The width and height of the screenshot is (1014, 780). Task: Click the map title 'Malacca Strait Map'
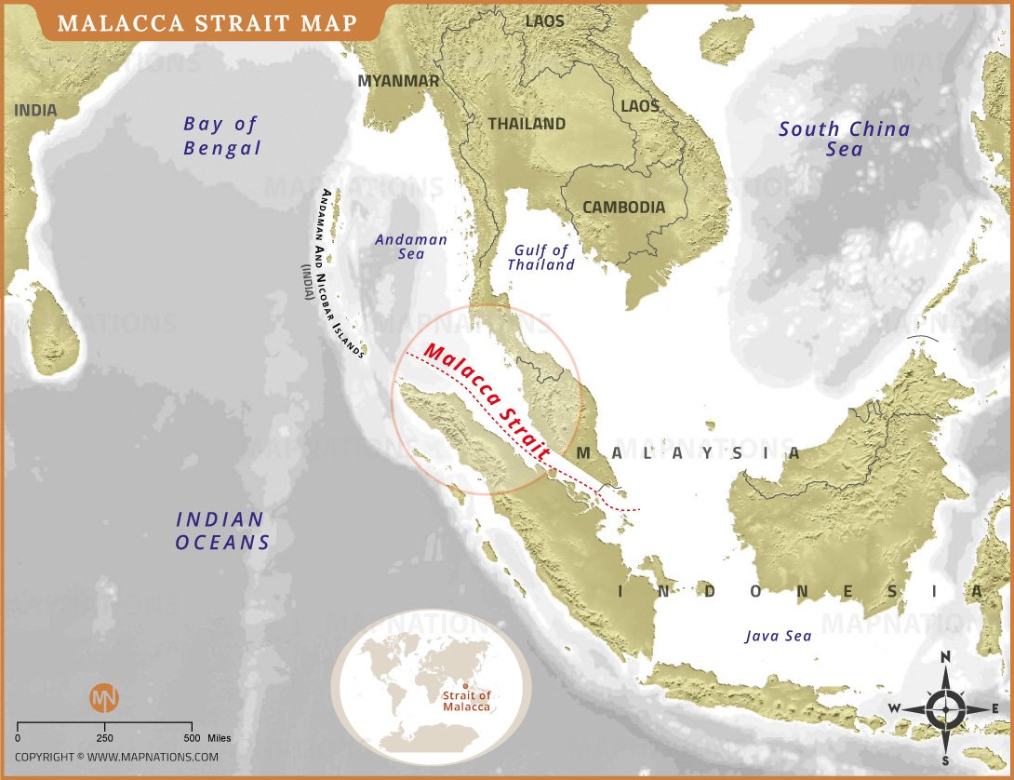207,22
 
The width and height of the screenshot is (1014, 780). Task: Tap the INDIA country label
35,111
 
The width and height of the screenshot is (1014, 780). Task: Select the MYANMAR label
398,81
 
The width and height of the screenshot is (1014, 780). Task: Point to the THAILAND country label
527,124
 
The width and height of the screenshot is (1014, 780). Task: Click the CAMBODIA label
623,207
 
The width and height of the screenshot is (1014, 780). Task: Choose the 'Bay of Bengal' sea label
221,136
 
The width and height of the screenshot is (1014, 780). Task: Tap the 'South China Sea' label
844,140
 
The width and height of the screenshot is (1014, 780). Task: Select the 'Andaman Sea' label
411,247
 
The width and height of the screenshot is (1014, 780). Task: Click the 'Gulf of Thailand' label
541,257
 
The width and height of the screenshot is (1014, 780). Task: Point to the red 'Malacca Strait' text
487,399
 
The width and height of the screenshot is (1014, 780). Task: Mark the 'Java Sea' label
778,637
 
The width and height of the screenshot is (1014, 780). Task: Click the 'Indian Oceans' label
222,531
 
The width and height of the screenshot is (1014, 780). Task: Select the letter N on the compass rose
945,657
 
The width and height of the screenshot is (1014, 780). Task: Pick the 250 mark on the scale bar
104,738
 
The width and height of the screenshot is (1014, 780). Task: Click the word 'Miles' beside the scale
220,738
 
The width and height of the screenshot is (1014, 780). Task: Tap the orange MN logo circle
104,698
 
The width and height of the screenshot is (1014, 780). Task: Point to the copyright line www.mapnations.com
116,757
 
